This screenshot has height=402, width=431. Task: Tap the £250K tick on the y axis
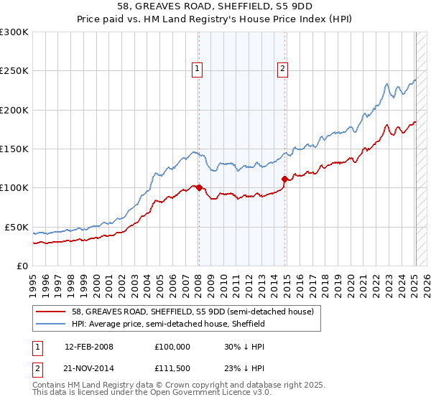14,71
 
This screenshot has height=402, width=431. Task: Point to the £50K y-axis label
16,227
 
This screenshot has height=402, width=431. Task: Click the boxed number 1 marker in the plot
197,69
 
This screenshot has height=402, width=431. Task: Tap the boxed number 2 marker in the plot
283,69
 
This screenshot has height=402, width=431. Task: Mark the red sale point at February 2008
199,188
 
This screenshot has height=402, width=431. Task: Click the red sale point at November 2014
285,179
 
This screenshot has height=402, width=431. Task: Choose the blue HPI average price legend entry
169,324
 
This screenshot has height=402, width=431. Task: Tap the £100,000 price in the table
172,346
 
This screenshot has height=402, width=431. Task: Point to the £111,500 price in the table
172,367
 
